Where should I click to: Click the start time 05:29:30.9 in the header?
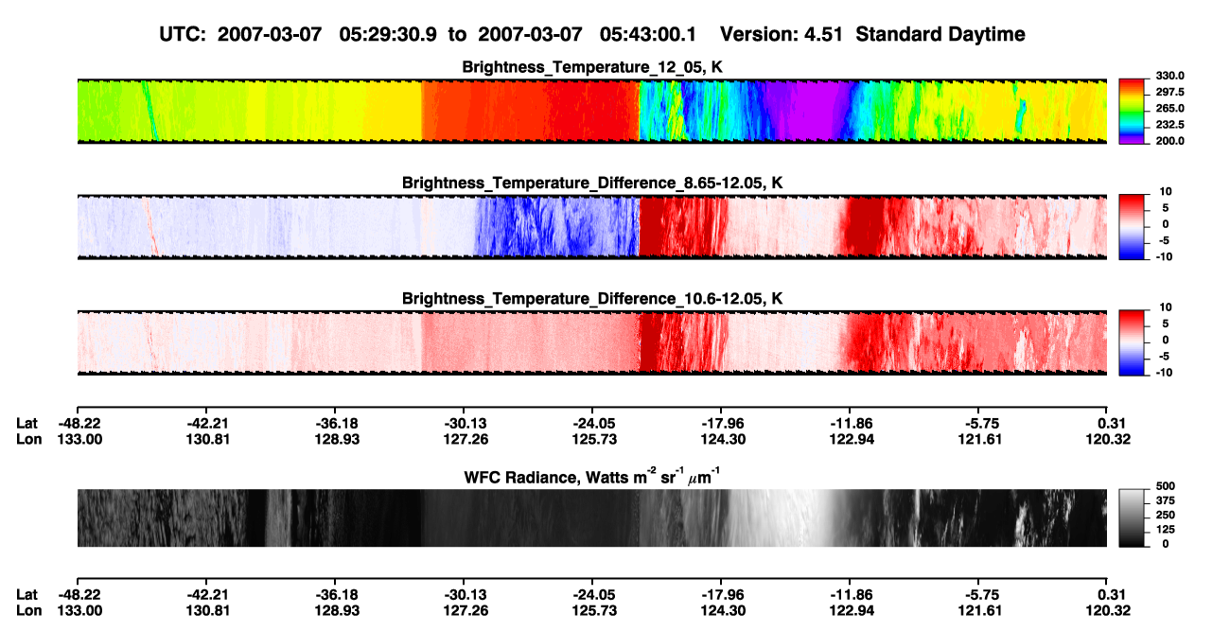388,35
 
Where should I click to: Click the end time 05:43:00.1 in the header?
648,35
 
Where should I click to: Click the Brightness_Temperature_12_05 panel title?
592,67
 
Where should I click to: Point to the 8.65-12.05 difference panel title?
592,183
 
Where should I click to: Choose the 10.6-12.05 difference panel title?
592,299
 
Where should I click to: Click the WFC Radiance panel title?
592,476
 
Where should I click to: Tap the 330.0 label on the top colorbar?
1169,76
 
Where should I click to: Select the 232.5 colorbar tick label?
1169,125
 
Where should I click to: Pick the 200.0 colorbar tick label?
1169,141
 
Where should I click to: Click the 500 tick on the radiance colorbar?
1166,486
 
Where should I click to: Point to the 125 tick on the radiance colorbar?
1166,530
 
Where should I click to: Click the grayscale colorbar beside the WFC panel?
1132,517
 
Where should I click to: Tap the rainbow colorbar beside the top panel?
1132,112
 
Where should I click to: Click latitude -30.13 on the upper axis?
466,424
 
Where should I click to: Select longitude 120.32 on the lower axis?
1108,611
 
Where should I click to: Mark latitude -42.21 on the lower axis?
207,595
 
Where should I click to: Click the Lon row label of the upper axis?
28,439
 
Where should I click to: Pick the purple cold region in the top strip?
807,112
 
